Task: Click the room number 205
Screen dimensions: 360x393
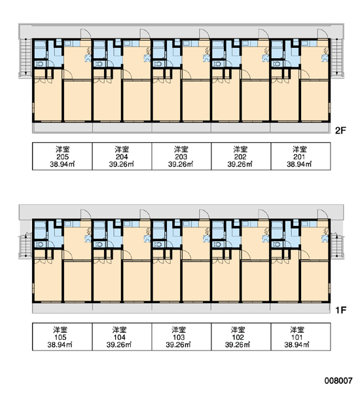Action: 62,157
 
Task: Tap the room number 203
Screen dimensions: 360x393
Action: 181,157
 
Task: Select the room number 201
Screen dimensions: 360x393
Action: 299,157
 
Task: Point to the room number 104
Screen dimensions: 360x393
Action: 120,337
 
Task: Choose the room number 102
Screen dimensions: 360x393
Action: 238,337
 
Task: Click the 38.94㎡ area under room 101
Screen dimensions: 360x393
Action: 297,345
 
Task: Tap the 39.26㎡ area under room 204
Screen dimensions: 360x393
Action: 122,164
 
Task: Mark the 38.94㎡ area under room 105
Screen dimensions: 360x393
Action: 60,345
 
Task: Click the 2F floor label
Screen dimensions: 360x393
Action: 340,130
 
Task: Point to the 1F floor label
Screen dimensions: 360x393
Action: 341,310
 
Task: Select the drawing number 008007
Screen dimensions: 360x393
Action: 338,381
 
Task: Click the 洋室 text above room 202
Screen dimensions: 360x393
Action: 240,149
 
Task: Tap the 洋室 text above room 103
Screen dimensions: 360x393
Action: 179,330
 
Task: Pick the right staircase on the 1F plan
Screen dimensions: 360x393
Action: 336,246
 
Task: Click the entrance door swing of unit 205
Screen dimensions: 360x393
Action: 85,33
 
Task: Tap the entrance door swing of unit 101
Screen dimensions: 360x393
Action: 323,214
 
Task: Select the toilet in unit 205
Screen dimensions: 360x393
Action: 39,64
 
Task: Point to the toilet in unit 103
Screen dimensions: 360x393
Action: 158,244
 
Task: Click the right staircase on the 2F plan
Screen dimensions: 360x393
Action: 337,57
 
